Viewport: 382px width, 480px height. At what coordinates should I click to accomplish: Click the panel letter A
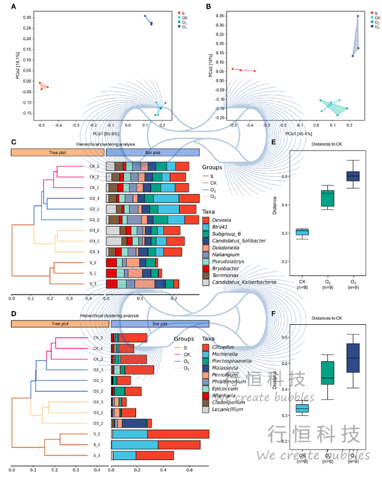pos(13,7)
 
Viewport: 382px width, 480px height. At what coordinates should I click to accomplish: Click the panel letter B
pos(208,7)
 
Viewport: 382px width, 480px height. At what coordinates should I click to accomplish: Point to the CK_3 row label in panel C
pos(94,165)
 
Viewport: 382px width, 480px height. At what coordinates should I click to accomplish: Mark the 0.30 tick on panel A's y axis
pos(27,18)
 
